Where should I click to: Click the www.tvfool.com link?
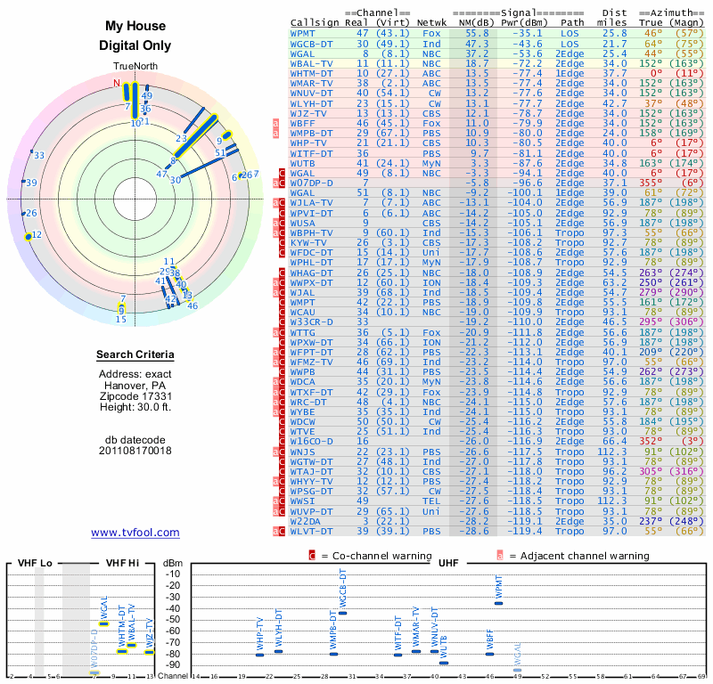[x=135, y=533]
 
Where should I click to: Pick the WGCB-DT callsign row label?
[x=311, y=43]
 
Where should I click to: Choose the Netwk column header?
[x=431, y=21]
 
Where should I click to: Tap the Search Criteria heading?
[x=135, y=355]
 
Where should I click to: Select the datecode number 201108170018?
[x=135, y=451]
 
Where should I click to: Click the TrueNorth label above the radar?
[x=135, y=68]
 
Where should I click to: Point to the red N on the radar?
[x=116, y=84]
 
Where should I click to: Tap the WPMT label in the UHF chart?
[x=499, y=588]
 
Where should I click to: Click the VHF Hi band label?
[x=124, y=564]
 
